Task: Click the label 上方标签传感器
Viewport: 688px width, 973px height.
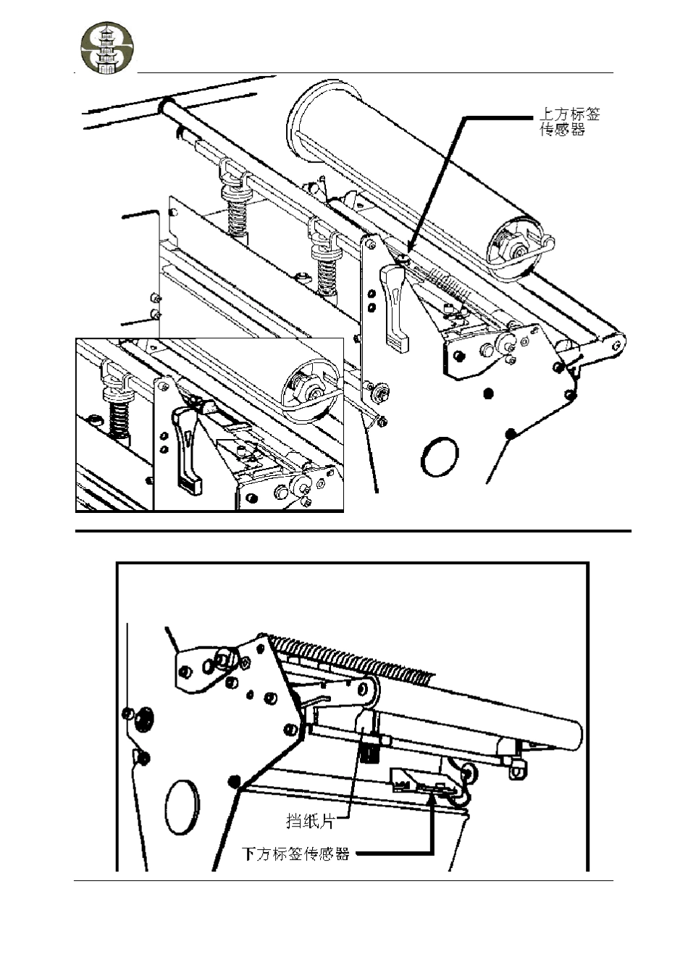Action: point(569,122)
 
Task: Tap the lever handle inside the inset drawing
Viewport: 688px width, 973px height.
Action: point(188,451)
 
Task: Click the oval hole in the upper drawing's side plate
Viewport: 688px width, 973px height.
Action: point(440,456)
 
